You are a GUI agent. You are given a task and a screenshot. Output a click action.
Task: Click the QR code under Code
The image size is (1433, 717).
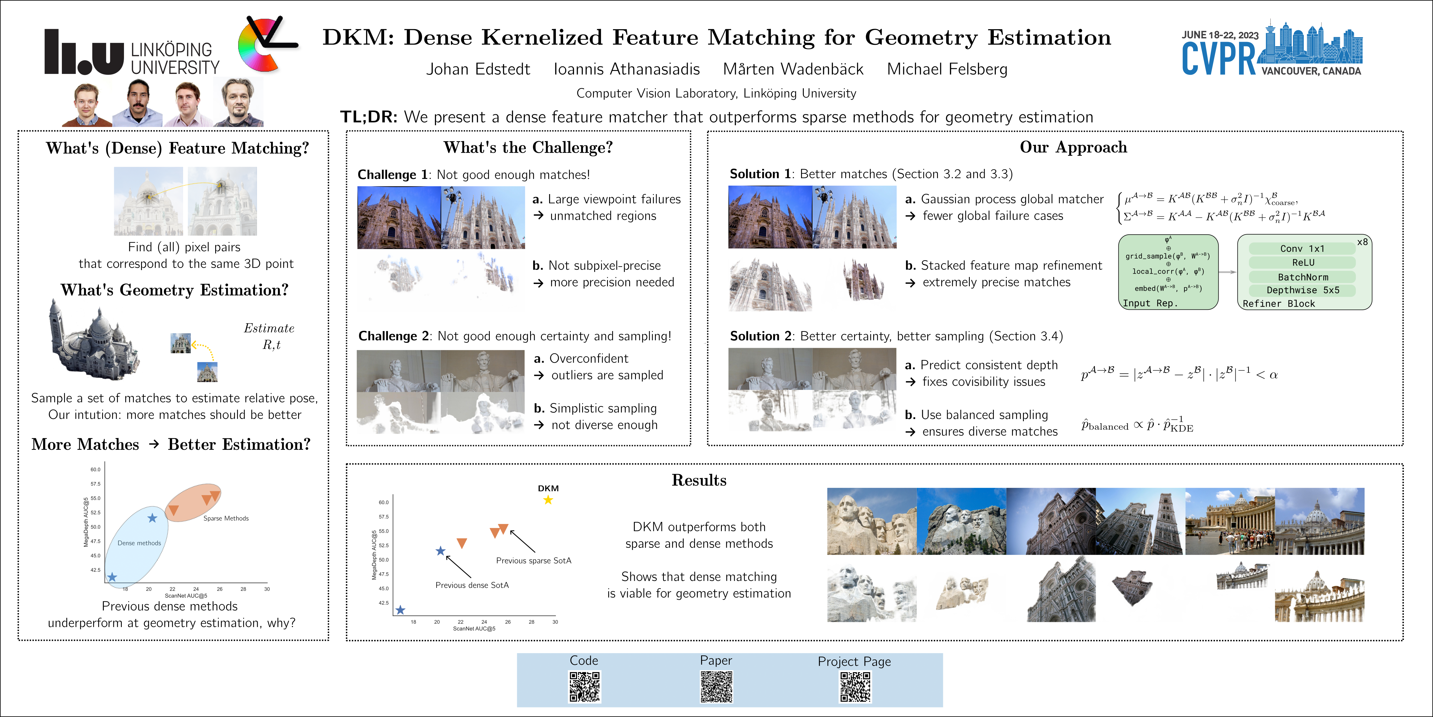[x=584, y=686]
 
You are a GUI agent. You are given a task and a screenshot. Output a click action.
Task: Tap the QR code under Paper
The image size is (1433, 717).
[x=716, y=686]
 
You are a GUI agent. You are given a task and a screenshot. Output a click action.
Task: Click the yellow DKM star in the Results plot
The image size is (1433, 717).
[x=548, y=500]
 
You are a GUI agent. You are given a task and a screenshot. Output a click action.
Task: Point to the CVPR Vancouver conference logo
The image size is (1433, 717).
[x=1271, y=50]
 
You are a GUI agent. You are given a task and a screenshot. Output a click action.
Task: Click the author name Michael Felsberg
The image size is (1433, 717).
[x=947, y=69]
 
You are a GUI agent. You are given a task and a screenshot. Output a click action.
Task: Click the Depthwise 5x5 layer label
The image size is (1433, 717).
[x=1302, y=290]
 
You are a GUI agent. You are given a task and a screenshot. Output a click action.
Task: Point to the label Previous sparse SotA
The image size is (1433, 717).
[x=533, y=560]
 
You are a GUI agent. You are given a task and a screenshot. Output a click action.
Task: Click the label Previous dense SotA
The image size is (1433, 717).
[x=472, y=585]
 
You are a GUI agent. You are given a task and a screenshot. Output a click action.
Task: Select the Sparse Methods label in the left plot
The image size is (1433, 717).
[x=226, y=518]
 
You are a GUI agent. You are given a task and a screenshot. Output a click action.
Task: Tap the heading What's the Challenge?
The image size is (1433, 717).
[x=528, y=148]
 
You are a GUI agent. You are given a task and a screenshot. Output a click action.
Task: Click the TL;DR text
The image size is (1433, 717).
[x=716, y=117]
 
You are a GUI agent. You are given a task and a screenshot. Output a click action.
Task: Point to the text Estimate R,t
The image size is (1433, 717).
[x=269, y=336]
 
